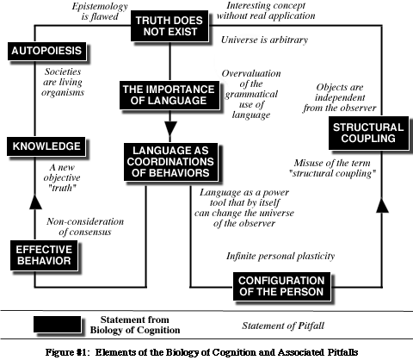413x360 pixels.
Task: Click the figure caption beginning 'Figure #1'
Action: pyautogui.click(x=206, y=351)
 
